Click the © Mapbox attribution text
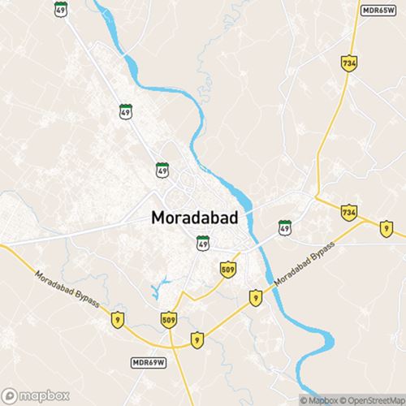coord(319,400)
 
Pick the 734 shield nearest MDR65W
coord(348,63)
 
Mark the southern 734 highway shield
coord(348,212)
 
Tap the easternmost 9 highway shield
coord(386,229)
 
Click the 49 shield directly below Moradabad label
coord(203,242)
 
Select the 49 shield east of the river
coord(285,227)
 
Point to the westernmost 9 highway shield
coord(119,317)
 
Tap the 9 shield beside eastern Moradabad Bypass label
coord(255,297)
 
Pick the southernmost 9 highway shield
coord(197,339)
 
